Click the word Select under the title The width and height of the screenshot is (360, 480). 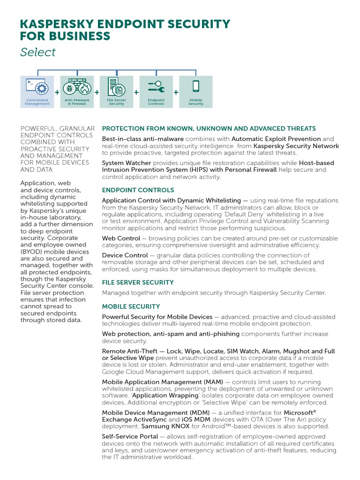coord(37,52)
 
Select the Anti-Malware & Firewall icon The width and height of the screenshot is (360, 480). coord(77,88)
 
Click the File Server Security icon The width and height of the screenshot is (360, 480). coord(116,87)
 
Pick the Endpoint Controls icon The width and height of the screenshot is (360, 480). coord(156,87)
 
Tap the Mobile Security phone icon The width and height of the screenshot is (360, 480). coord(195,87)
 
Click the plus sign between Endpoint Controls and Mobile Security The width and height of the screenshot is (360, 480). coord(176,93)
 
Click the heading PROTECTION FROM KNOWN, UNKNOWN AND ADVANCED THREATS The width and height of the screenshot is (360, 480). coord(209,128)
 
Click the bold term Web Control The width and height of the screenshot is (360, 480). coord(121,238)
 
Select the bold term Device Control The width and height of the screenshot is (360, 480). coord(125,255)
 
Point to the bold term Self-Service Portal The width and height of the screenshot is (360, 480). coord(130,436)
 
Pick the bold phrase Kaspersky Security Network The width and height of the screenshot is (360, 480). coord(296,146)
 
